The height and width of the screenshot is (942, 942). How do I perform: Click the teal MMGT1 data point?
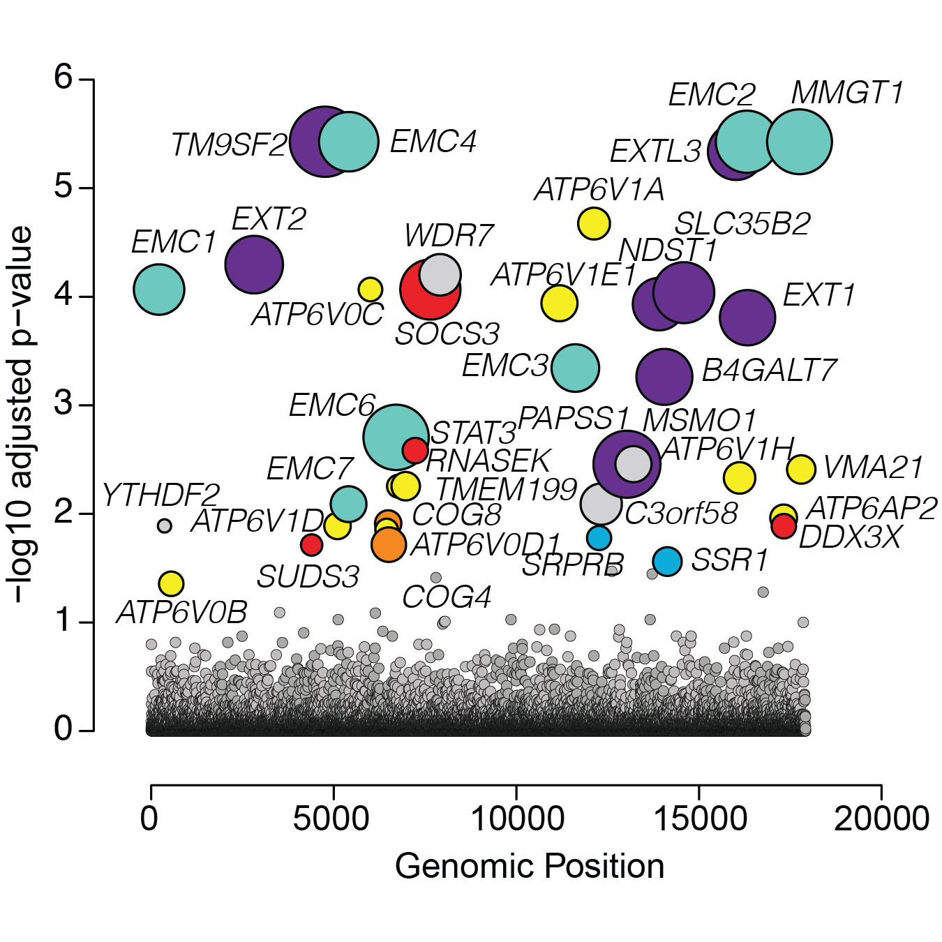[x=799, y=142]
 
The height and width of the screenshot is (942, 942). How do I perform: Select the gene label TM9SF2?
[x=230, y=145]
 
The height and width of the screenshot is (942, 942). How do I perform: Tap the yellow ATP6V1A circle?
[x=594, y=223]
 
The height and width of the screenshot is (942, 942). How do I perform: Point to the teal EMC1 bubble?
[x=159, y=289]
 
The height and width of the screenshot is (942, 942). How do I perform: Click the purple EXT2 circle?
[x=254, y=264]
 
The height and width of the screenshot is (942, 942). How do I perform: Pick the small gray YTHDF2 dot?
[x=164, y=525]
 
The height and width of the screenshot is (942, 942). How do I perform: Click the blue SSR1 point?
[x=667, y=561]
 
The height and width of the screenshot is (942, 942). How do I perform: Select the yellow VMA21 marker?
[x=800, y=469]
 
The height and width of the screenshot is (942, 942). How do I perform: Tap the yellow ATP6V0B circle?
[x=171, y=583]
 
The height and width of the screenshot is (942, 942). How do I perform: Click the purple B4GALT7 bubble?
[x=664, y=376]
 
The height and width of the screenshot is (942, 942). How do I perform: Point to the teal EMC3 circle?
[x=575, y=368]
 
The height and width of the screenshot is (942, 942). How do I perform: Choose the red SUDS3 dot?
[x=311, y=544]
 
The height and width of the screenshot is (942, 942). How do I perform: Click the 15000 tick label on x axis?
[x=698, y=818]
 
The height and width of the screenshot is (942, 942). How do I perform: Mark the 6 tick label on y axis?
[x=63, y=77]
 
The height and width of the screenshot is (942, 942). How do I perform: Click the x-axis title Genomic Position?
[x=530, y=867]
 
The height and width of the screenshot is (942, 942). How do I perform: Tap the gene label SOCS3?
[x=447, y=334]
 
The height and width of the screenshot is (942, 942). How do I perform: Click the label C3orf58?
[x=681, y=514]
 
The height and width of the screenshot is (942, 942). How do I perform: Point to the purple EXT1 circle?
[x=747, y=317]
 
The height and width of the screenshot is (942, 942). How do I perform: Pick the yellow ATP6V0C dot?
[x=370, y=289]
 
